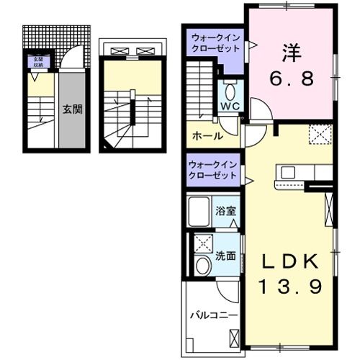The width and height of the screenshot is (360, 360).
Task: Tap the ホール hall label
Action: point(206,135)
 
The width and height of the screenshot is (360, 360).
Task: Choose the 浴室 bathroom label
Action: point(225,211)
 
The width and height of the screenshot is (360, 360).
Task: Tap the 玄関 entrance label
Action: point(71,110)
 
